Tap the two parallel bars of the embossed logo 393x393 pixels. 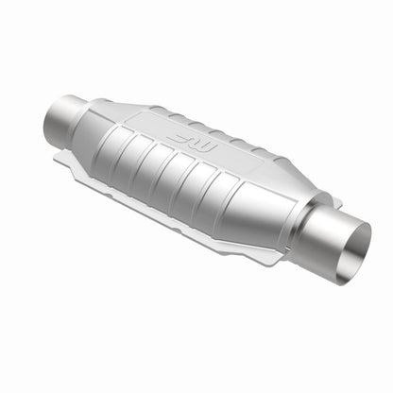click(185, 138)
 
